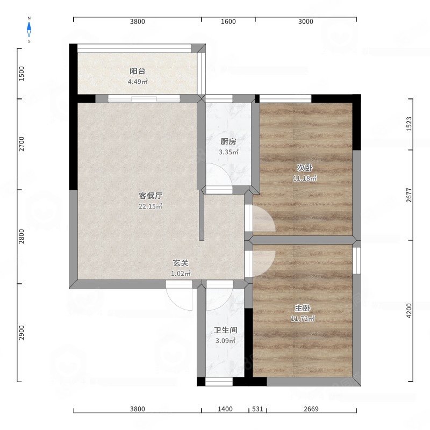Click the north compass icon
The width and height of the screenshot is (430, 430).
[x=29, y=29]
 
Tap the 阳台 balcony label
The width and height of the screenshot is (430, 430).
[x=137, y=71]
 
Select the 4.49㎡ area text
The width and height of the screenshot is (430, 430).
[x=137, y=82]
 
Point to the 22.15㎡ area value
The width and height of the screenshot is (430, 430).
[x=151, y=206]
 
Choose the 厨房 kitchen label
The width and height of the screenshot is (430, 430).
[x=228, y=142]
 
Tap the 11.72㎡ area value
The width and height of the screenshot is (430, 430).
[x=303, y=319]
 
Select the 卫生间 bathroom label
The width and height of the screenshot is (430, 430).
[x=225, y=330]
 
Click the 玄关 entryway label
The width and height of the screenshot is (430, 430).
[x=180, y=263]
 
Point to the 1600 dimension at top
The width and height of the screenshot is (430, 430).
[x=228, y=21]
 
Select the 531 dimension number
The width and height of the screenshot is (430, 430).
[x=257, y=410]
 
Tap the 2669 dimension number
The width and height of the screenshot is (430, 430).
[x=311, y=410]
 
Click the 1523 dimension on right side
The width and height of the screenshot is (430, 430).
[x=409, y=124]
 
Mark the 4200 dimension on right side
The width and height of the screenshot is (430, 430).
[x=409, y=310]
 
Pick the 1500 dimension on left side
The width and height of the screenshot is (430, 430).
[x=22, y=73]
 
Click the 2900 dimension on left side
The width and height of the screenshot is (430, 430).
[x=22, y=333]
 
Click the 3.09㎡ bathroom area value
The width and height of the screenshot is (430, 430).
[x=225, y=340]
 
